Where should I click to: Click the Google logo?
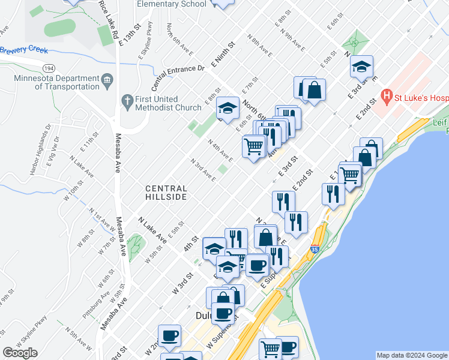tap(20, 353)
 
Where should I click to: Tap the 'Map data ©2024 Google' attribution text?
tap(412, 355)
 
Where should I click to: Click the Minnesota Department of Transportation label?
tap(58, 82)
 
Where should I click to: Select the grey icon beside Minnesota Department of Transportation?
tap(108, 79)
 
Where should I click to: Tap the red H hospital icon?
tap(387, 96)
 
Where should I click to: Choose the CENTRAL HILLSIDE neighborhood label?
tap(166, 193)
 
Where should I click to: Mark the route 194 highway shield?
tap(49, 68)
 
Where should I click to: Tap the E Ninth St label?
tap(221, 54)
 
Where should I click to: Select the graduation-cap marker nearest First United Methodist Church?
tap(227, 108)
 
